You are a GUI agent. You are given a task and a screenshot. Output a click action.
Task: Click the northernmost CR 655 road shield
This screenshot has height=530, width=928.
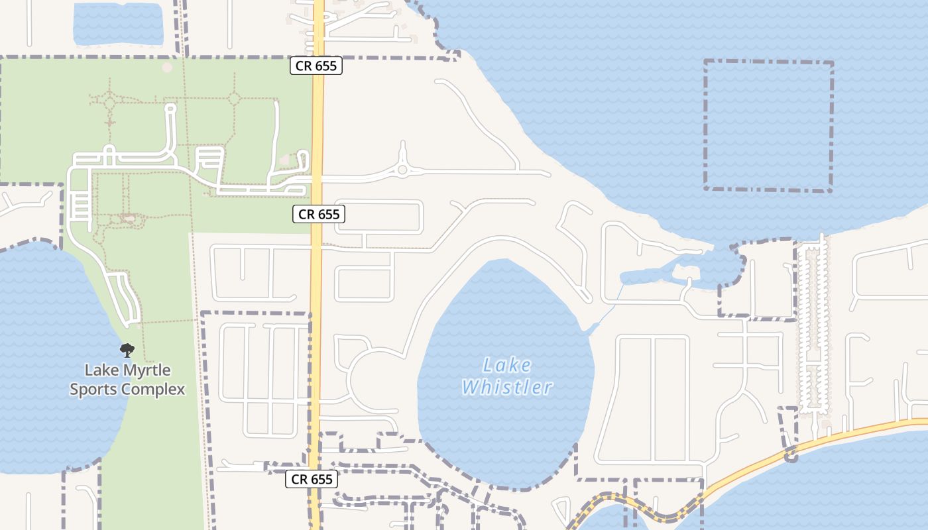pyautogui.click(x=316, y=66)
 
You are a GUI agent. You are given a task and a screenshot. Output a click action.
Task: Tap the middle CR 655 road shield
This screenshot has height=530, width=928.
pyautogui.click(x=319, y=214)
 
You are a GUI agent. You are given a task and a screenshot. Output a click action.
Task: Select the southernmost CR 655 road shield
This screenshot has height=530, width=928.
pyautogui.click(x=312, y=479)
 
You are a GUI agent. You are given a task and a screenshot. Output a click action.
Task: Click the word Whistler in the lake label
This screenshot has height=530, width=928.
pyautogui.click(x=507, y=388)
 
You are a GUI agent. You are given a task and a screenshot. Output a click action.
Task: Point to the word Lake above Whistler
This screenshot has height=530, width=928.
pyautogui.click(x=506, y=365)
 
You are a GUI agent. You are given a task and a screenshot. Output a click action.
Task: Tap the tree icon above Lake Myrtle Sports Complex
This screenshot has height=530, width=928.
pyautogui.click(x=127, y=350)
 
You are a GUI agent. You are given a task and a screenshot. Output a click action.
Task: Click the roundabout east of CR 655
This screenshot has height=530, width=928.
pyautogui.click(x=402, y=171)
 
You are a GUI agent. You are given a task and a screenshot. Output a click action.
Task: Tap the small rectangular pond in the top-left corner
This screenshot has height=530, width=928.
pyautogui.click(x=118, y=25)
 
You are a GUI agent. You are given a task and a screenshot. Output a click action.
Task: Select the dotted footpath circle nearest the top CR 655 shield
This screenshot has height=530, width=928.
pyautogui.click(x=234, y=99)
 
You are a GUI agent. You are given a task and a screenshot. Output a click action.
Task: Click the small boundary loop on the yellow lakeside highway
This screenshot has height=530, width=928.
pyautogui.click(x=791, y=455)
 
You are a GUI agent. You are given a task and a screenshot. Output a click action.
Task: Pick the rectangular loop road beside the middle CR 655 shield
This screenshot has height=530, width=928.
pyautogui.click(x=378, y=217)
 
